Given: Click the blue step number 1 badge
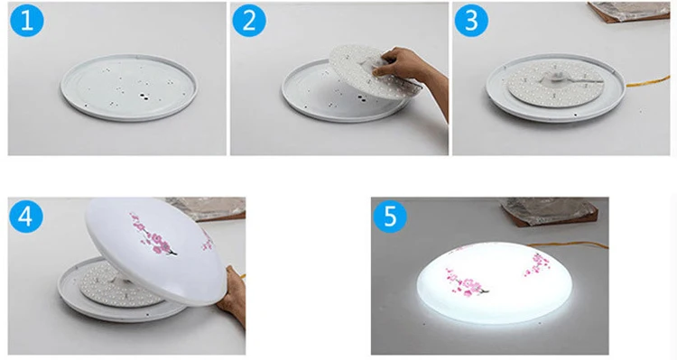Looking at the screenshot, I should click(x=27, y=21).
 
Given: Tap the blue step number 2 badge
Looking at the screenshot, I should click(x=249, y=21).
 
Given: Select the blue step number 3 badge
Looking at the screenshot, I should click(x=471, y=21).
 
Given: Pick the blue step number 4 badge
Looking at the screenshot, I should click(x=27, y=217).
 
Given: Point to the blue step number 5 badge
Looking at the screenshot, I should click(x=391, y=217).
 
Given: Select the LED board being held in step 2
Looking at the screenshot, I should click(x=366, y=72).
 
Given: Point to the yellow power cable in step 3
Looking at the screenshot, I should click(x=645, y=86).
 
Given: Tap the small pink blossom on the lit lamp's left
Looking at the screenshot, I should click(x=459, y=246).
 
